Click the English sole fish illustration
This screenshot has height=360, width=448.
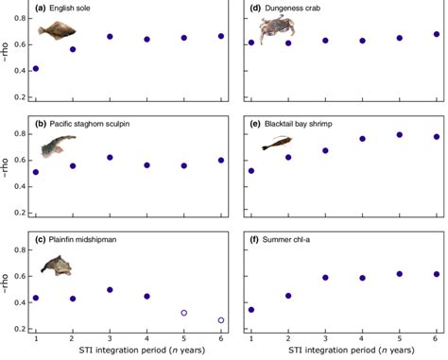pos(55,31)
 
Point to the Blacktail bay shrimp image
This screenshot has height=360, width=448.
pos(276,144)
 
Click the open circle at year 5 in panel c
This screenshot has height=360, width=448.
pos(184,313)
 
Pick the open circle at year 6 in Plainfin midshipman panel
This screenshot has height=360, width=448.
pos(220,320)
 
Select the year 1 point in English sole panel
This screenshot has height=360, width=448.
pos(36,69)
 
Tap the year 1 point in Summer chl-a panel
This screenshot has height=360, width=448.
pos(250,309)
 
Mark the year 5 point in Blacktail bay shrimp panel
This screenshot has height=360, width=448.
pos(400,135)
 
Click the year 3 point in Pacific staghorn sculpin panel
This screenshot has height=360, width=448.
pos(110,158)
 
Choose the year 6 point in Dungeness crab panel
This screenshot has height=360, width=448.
pos(436,35)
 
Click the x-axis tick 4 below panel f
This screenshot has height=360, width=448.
pos(363,338)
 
